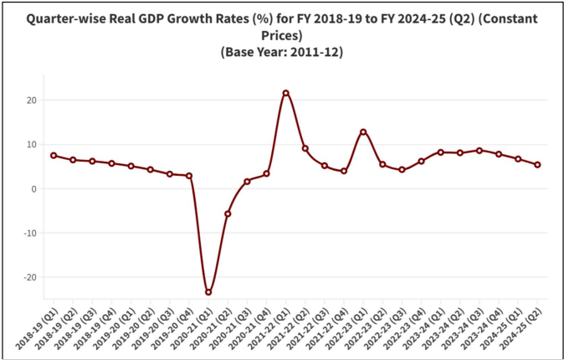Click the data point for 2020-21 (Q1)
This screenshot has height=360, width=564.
(x=208, y=292)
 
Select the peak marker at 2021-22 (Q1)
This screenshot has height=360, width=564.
(x=286, y=93)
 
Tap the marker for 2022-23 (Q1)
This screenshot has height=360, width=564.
(x=363, y=131)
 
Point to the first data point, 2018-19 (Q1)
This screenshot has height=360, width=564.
(x=54, y=156)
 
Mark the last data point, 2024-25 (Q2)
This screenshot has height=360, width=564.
(x=537, y=165)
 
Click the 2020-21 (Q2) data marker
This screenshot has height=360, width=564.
(x=228, y=213)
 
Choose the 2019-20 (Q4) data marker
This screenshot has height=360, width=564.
(x=189, y=176)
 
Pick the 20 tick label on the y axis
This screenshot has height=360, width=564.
(x=31, y=100)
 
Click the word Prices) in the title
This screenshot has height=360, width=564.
(x=281, y=35)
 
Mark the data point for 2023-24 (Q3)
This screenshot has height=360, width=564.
(x=479, y=151)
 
